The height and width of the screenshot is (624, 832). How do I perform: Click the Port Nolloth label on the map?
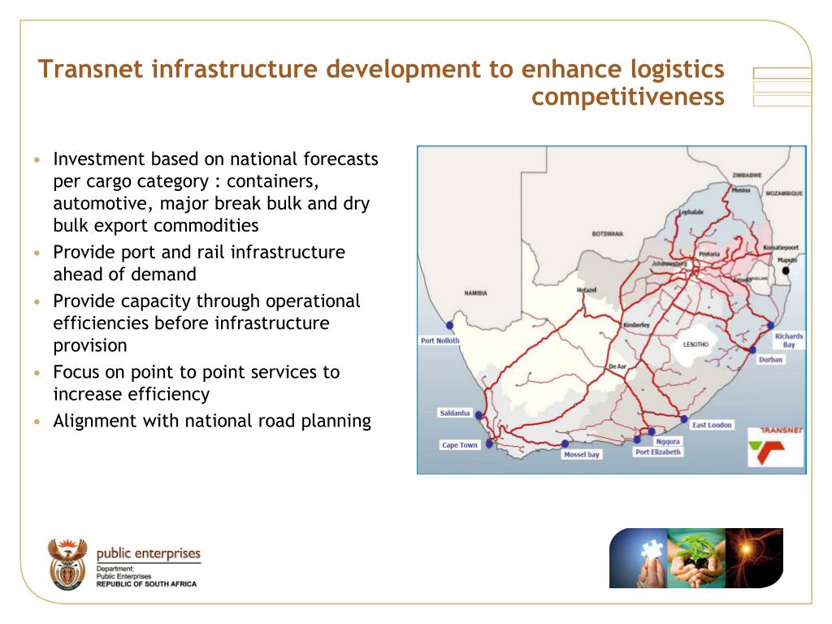point(440,340)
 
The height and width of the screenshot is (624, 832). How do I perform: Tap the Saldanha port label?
point(455,413)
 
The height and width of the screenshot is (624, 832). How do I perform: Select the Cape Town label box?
point(459,445)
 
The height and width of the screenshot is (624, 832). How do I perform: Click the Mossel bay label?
point(582,454)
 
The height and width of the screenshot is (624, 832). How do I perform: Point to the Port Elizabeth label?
point(658,452)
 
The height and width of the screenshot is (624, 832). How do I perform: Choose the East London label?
point(712,425)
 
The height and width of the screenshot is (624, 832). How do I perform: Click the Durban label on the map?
point(771,359)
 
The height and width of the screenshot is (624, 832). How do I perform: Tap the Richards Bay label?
point(788,340)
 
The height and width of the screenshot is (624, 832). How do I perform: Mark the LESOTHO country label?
point(695,344)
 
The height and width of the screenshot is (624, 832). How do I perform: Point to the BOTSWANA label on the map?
point(607,233)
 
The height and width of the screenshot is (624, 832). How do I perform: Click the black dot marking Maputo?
point(786,271)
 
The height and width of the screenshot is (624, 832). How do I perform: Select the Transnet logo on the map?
point(775,447)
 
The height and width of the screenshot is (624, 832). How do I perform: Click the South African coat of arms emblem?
point(67,562)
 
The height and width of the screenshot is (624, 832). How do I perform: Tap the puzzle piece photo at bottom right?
point(639,557)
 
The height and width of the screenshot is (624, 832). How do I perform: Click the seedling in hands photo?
point(696,557)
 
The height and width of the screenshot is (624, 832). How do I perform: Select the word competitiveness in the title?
point(627,97)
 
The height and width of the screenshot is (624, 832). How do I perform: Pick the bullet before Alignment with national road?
point(37,422)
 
